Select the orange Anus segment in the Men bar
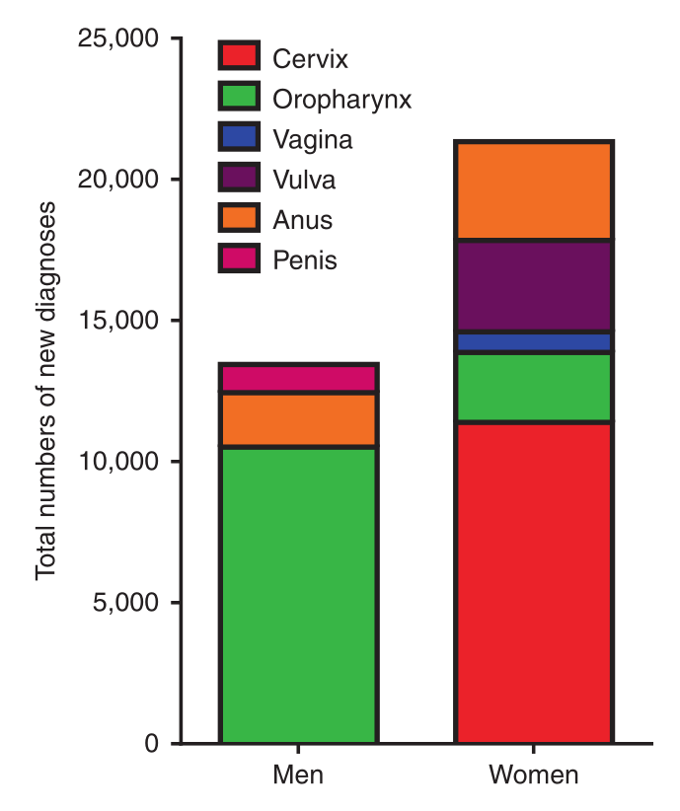[298, 419]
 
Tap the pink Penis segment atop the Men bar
[298, 378]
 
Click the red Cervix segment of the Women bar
[533, 582]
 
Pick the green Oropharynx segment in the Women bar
[533, 388]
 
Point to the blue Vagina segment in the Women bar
[533, 342]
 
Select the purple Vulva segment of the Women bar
[533, 286]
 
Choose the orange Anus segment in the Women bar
[533, 191]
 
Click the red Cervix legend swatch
[239, 57]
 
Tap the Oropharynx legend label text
[341, 99]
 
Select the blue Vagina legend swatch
[239, 138]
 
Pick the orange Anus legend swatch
[239, 219]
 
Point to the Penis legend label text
[305, 260]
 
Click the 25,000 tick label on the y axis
[116, 39]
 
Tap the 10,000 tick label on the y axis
[116, 462]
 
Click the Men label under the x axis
[298, 775]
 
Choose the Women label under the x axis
[533, 775]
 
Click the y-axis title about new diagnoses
[45, 391]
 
